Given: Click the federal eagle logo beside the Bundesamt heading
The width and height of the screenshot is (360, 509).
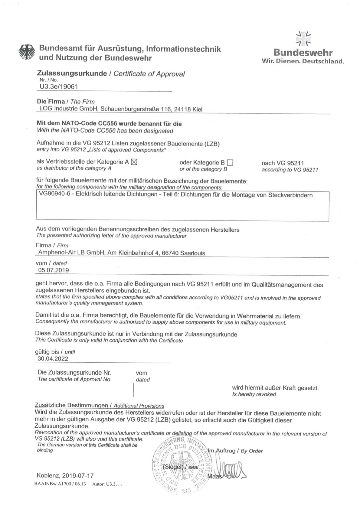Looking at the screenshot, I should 27,53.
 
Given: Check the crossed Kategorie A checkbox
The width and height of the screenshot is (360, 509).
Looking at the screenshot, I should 134,162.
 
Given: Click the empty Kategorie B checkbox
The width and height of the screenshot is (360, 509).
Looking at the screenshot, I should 230,163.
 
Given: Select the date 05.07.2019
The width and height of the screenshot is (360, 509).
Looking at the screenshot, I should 54,270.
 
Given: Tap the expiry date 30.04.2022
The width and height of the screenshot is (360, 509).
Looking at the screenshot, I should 53,359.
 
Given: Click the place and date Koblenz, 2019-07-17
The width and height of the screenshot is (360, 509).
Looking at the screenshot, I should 65,476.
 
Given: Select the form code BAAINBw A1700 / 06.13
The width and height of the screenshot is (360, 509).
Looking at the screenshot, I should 60,484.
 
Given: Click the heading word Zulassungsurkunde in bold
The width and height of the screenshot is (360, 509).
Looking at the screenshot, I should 72,73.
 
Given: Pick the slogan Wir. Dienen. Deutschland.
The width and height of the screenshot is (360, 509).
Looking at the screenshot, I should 303,61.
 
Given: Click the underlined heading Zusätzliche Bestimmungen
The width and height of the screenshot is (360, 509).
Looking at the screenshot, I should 71,405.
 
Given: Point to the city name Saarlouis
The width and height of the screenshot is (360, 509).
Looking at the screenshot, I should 193,253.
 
